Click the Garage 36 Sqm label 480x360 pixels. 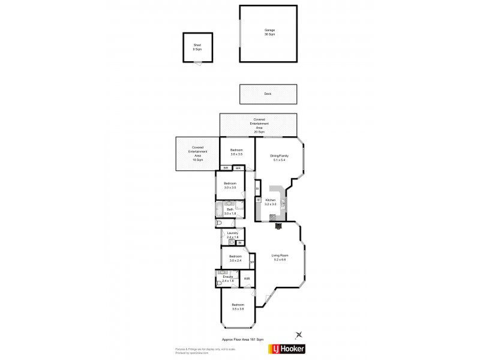click(x=269, y=32)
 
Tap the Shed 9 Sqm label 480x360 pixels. click(x=197, y=47)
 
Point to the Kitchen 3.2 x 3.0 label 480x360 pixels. click(x=271, y=202)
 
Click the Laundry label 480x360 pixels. click(x=232, y=235)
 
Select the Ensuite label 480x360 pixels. click(x=227, y=278)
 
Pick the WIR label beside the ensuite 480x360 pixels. click(x=247, y=279)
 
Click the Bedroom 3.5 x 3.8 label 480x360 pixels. click(x=238, y=307)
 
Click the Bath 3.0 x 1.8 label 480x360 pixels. click(x=229, y=211)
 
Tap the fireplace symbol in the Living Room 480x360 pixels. click(x=277, y=226)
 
